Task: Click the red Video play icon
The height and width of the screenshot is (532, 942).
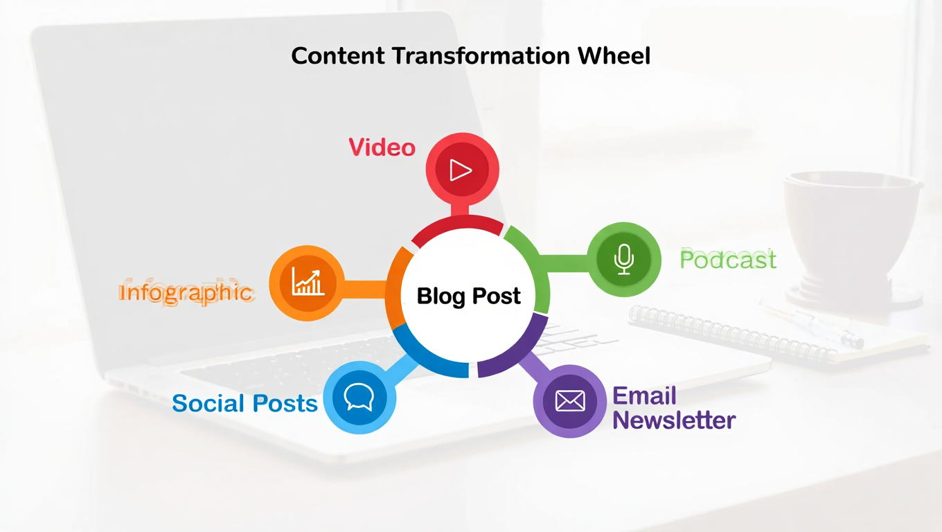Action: (x=461, y=170)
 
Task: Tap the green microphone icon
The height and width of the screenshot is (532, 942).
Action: (x=624, y=259)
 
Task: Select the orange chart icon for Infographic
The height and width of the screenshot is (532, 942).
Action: (x=307, y=283)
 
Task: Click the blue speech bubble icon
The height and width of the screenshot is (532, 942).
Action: (x=359, y=398)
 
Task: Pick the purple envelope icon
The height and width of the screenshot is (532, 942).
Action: (x=570, y=400)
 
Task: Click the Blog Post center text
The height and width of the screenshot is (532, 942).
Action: (x=469, y=296)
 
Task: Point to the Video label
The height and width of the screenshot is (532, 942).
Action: (x=382, y=148)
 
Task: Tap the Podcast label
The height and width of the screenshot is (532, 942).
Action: (x=728, y=260)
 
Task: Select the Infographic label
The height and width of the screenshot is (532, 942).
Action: (x=186, y=292)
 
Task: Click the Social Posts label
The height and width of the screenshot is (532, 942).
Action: (x=245, y=403)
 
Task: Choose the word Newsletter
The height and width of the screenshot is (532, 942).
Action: (x=674, y=420)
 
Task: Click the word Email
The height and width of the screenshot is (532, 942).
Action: (x=645, y=396)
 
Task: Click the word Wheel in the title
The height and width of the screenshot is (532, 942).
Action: (x=614, y=55)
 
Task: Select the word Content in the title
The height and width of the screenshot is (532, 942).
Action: (x=337, y=55)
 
